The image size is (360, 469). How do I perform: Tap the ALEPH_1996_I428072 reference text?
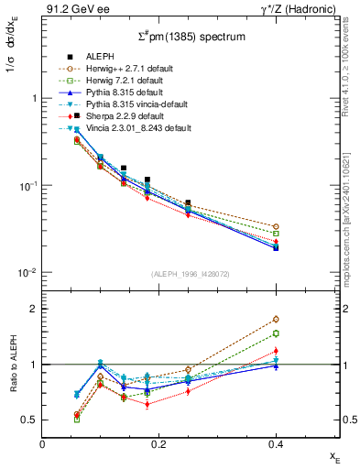point(191,275)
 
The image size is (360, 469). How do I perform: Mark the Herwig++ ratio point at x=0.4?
point(276,319)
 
